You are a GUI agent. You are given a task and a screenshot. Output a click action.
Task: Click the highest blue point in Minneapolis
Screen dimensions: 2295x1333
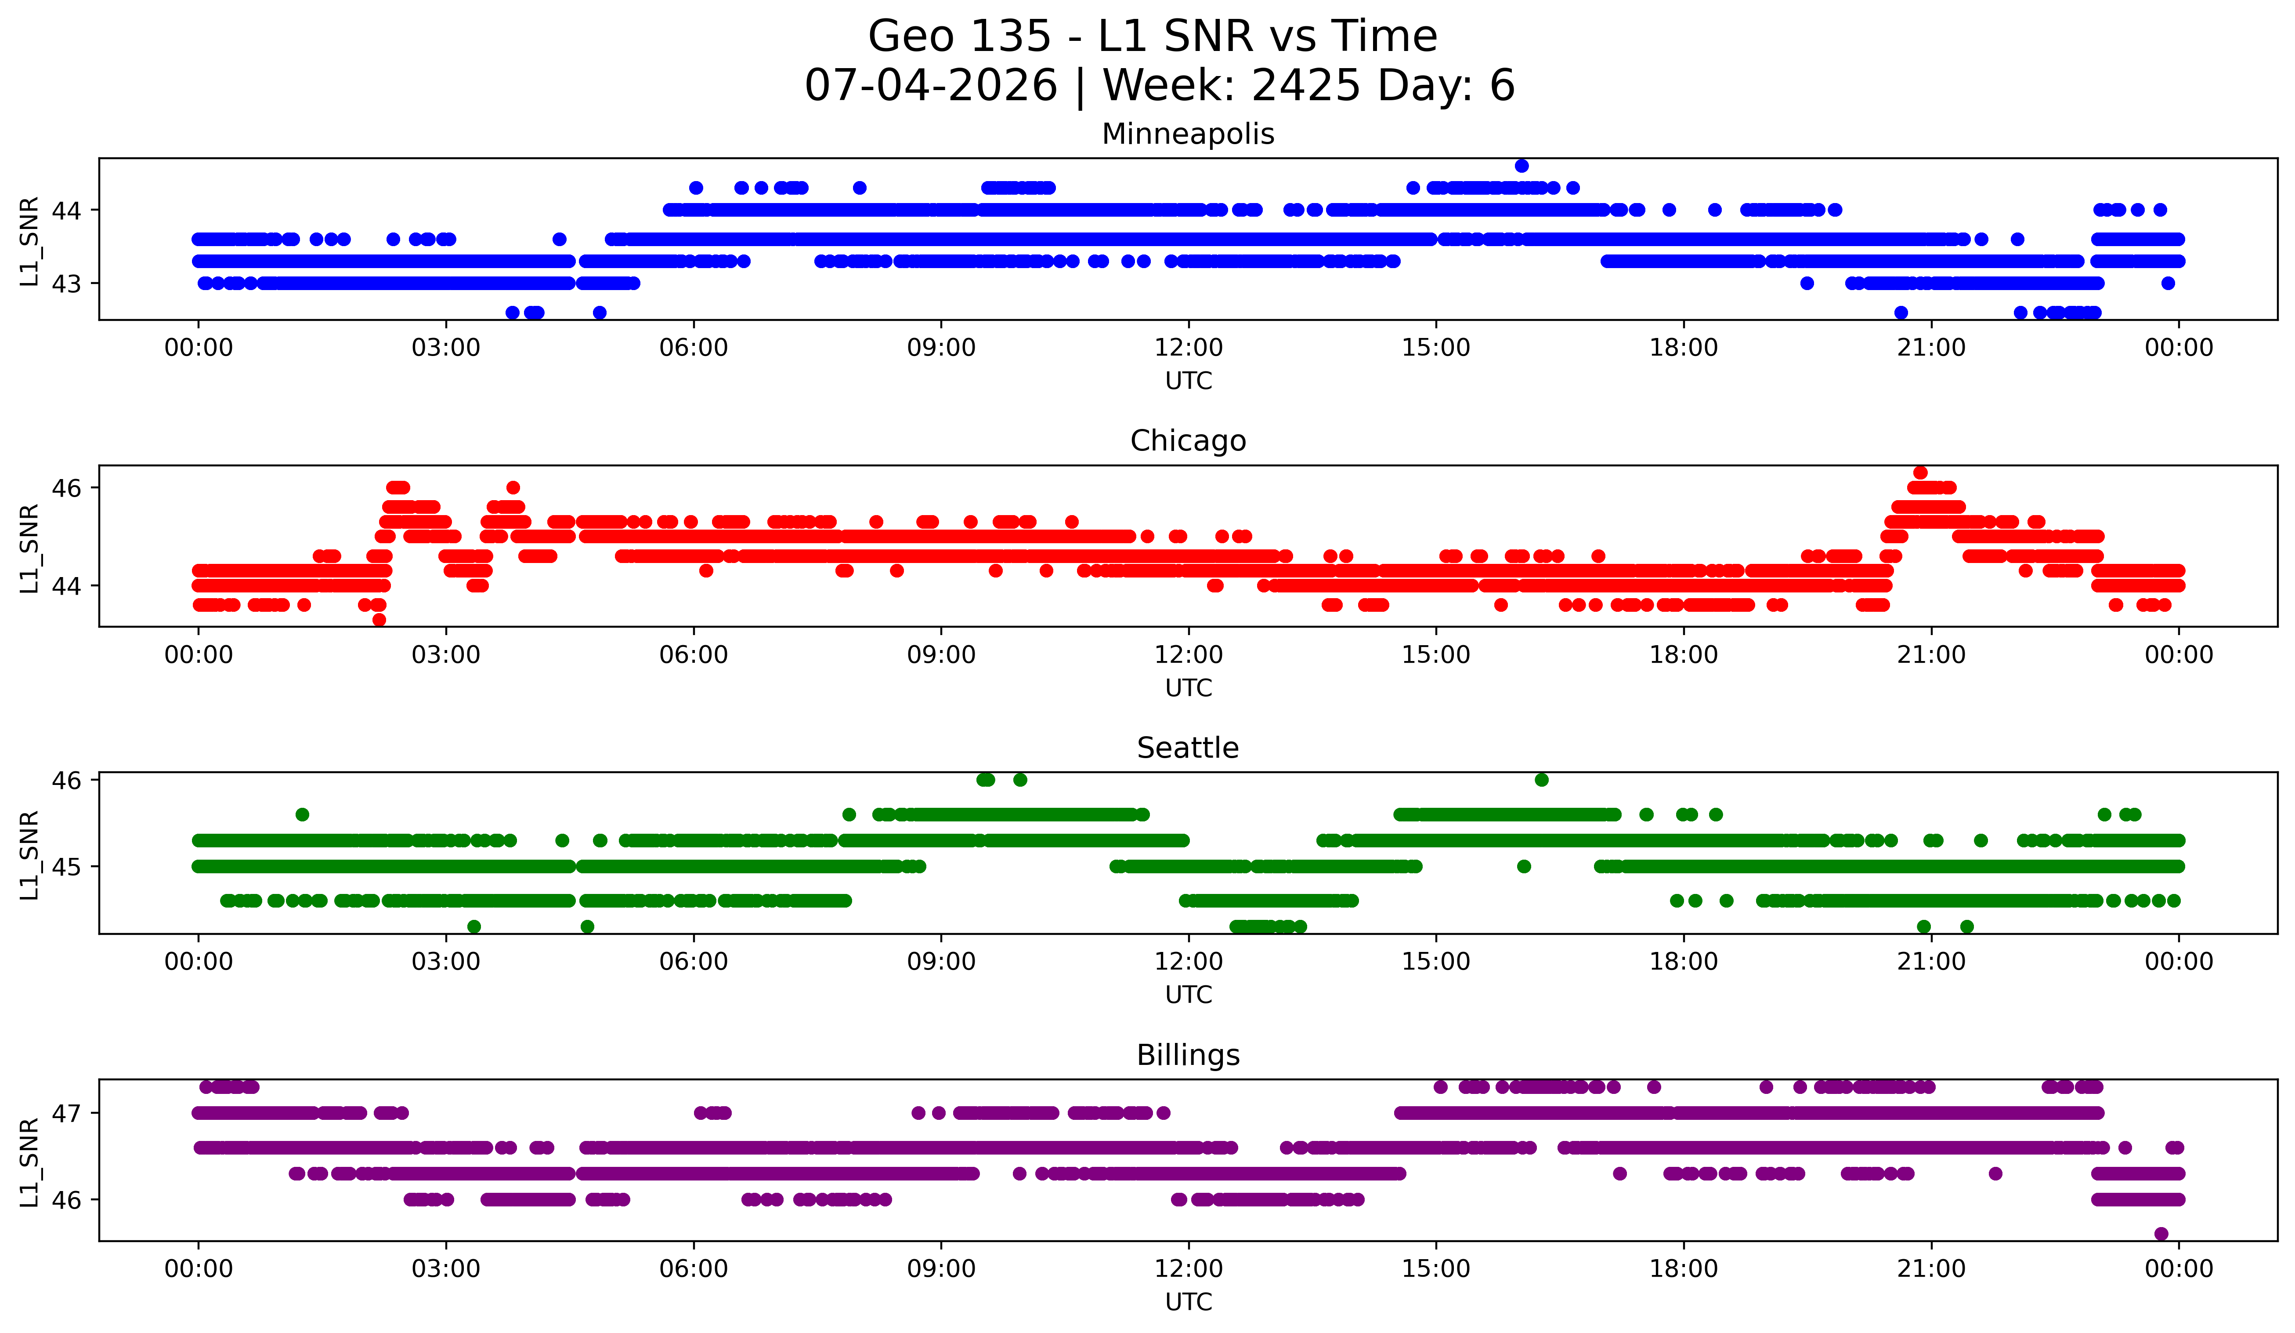1522,166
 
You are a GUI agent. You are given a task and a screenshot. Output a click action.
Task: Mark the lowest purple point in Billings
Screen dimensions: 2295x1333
2161,1234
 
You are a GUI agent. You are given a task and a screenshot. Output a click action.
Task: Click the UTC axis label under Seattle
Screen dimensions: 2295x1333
1189,995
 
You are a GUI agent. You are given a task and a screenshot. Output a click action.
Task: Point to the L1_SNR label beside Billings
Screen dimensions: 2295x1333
29,1162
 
